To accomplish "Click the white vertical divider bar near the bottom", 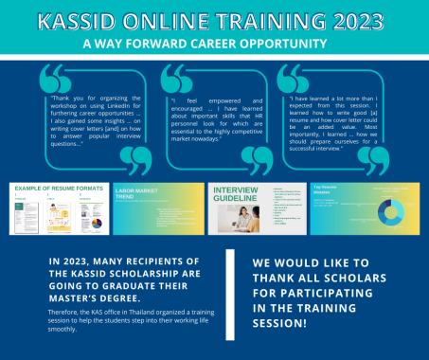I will tap(228, 297).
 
